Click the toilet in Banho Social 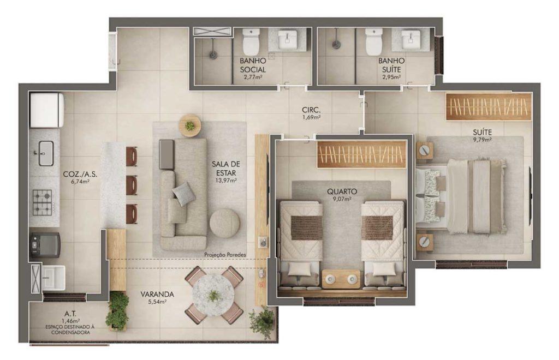point(251,41)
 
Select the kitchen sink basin point(46,153)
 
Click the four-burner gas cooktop point(43,202)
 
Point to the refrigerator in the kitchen point(47,110)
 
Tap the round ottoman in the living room point(224,223)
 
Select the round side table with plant point(190,125)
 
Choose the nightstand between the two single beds point(341,279)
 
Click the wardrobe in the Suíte point(488,106)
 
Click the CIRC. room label point(311,110)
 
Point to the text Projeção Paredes point(225,255)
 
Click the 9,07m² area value point(342,199)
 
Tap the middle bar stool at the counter point(132,185)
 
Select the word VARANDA point(157,295)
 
